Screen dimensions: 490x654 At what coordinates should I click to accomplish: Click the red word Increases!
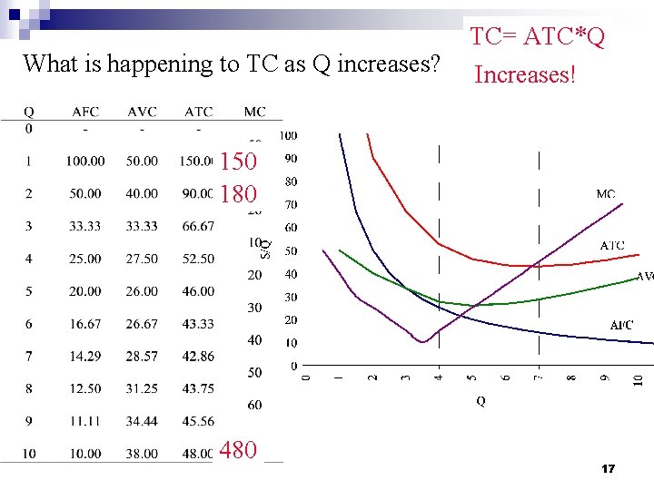tap(524, 74)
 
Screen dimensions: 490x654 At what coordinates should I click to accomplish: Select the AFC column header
tap(85, 112)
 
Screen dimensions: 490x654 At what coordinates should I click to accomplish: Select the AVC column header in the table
tap(142, 112)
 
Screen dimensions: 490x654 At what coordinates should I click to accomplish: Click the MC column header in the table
tap(255, 112)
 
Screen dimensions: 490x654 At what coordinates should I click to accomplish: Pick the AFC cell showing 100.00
tap(85, 161)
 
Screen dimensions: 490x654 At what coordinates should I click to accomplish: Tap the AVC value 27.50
tap(142, 259)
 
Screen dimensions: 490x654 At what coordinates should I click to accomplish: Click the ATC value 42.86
tap(198, 357)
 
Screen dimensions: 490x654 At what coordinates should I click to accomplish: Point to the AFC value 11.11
tap(85, 422)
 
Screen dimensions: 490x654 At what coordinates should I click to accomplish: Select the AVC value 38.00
tap(142, 454)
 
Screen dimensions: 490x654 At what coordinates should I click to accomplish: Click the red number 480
tap(238, 449)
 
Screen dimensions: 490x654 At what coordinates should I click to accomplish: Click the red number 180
tap(238, 193)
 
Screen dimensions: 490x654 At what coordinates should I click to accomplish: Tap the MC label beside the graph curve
tap(606, 194)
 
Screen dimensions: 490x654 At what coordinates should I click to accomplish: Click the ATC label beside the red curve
tap(612, 246)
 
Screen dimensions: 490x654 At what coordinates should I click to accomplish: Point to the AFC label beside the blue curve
tap(621, 325)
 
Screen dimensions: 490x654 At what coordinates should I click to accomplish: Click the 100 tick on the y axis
tap(288, 136)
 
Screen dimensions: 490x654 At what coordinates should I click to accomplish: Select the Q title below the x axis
tap(480, 401)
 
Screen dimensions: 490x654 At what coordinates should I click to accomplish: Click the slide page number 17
tap(609, 469)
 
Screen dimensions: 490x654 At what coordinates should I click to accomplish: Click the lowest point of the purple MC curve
tap(422, 341)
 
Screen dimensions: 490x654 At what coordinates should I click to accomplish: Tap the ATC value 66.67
tap(198, 226)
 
